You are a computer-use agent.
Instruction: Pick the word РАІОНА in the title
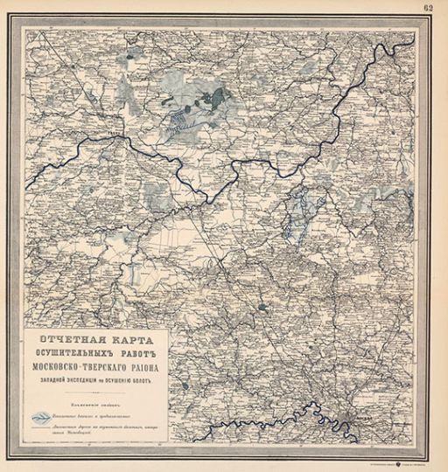[x=158, y=366]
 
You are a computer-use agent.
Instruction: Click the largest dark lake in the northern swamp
[x=213, y=94]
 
